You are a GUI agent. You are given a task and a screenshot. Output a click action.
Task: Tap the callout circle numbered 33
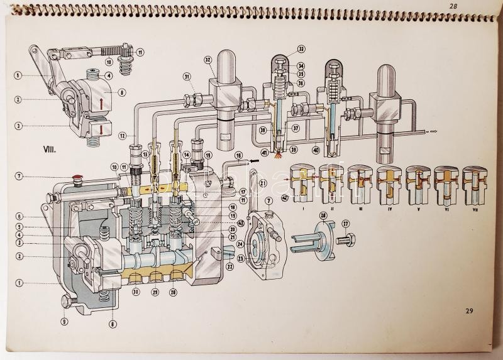coord(301,48)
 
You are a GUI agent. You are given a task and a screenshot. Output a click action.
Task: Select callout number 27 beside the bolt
coord(345,222)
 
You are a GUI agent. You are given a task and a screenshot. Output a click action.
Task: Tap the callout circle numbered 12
coord(121,136)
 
